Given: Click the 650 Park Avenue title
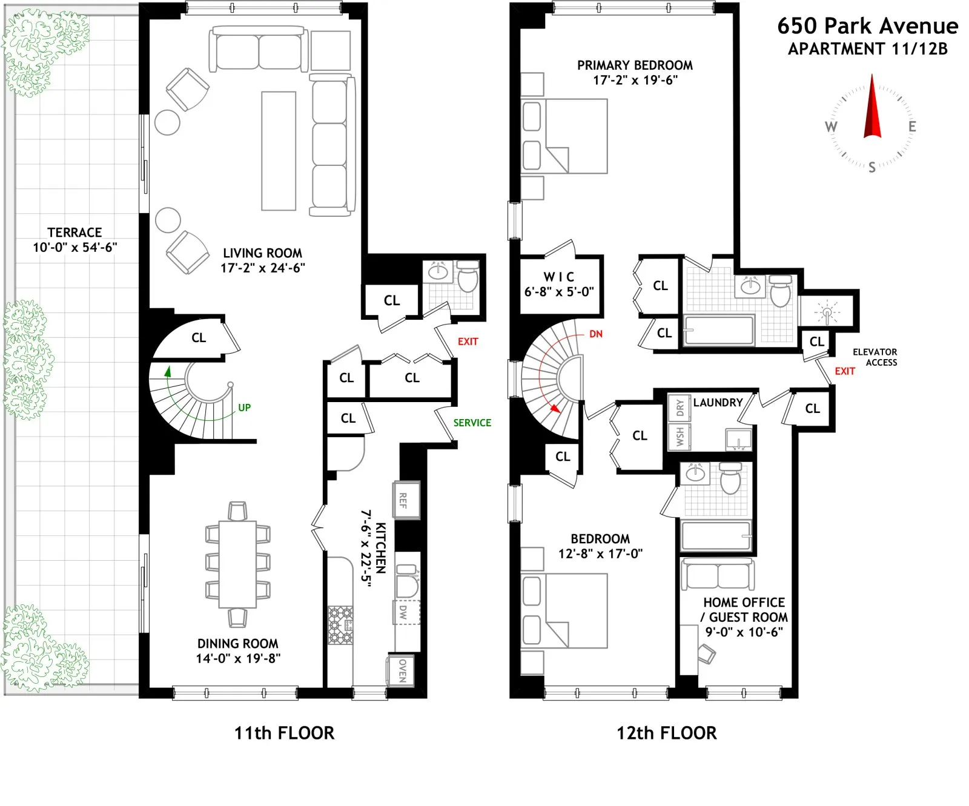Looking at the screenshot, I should [x=867, y=26].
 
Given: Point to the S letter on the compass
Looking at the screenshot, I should [x=872, y=168].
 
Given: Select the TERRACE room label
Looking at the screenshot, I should [x=74, y=233].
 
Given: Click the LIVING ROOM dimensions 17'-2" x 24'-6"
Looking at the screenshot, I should [x=262, y=268].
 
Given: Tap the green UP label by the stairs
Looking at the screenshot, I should [x=244, y=408].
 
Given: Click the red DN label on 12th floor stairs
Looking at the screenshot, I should [x=595, y=334].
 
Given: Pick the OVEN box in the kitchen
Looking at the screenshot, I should [x=402, y=670].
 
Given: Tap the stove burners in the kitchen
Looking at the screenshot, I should [x=340, y=625].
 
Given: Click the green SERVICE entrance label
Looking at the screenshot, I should [x=472, y=423].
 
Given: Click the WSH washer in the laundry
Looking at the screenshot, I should [x=680, y=436].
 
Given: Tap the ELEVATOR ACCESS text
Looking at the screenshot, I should [x=875, y=357].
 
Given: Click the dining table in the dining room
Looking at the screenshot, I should [x=237, y=564].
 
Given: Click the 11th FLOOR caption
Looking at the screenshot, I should [x=284, y=733].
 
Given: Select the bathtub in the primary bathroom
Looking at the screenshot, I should [x=719, y=330].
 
